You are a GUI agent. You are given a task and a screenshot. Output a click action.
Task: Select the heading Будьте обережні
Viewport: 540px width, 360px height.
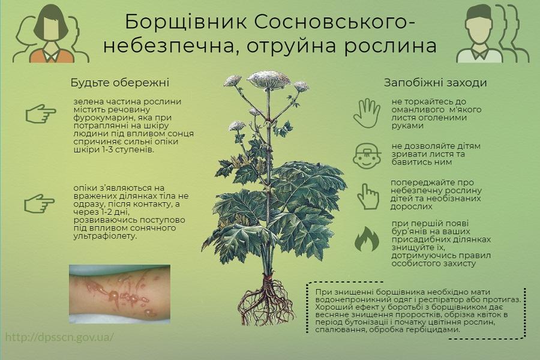pos(119,83)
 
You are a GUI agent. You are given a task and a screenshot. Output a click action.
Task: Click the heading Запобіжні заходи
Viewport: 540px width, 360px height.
pos(435,83)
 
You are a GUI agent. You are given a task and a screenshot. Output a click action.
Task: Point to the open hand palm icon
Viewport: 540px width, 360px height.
pos(367,113)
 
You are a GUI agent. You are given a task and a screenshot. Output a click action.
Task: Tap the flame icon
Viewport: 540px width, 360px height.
pos(367,239)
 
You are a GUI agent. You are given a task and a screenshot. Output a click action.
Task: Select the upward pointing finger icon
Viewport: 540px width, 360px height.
pos(367,196)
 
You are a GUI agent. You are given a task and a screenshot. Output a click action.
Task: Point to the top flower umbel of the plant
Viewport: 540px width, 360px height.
pos(268,79)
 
